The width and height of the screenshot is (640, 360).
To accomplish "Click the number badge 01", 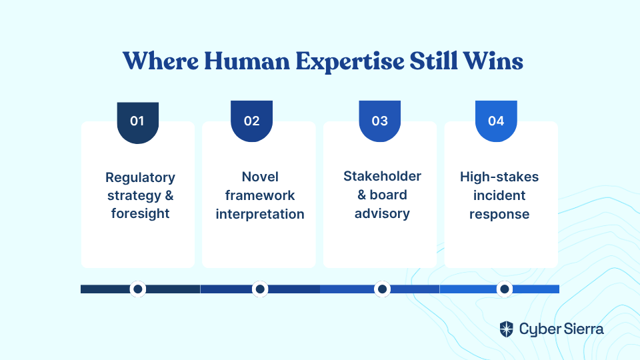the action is point(137,123).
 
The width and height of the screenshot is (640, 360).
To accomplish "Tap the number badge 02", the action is point(251,121).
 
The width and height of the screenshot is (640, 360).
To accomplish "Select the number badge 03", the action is point(379,121).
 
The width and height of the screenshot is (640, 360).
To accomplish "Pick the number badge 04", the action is point(496,121).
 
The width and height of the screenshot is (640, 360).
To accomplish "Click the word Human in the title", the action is point(247,61).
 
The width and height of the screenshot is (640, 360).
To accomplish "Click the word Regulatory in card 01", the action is point(140,178).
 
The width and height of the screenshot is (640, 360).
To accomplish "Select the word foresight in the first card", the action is point(140,213).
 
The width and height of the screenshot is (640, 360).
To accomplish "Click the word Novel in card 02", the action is point(260,177).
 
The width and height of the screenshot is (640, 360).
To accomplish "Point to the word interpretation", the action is point(260,214).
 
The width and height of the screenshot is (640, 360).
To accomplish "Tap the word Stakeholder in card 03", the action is point(382,176).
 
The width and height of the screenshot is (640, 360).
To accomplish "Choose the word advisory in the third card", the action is point(382,214).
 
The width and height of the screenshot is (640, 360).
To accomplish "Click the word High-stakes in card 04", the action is point(499,177).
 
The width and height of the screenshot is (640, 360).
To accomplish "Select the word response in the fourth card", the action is point(499,214).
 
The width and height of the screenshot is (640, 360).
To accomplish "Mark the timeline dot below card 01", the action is point(138,289).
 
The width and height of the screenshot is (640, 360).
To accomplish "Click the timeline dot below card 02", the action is point(260,289).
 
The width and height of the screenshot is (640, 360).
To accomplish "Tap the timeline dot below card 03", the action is point(382,289).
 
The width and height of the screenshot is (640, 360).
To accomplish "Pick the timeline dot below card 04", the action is point(505,289).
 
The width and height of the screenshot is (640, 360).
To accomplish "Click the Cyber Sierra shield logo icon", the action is point(507,329).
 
